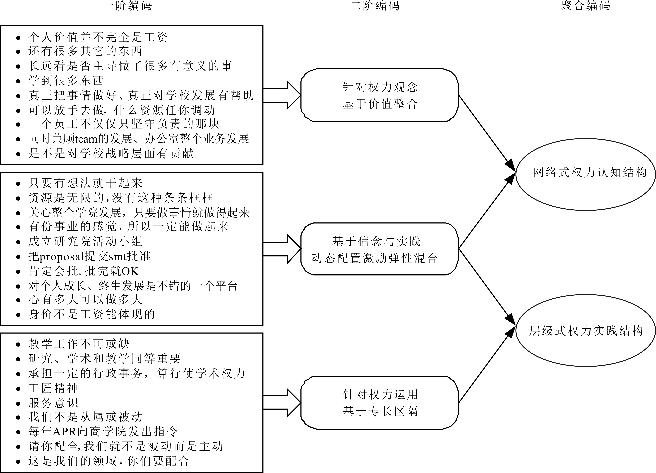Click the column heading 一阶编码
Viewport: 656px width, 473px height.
(127, 6)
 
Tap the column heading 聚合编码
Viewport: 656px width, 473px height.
(585, 6)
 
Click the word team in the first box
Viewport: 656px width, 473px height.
(86, 139)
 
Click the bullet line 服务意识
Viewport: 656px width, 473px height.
(53, 403)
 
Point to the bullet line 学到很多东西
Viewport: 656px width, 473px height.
(66, 81)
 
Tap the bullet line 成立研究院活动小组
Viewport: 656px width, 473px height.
(85, 242)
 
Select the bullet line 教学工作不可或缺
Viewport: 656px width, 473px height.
(79, 344)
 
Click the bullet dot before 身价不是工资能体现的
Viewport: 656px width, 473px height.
(18, 315)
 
